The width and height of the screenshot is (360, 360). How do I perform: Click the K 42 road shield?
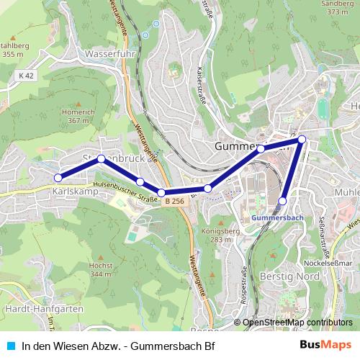coord(27,76)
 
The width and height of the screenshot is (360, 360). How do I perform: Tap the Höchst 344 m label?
coord(102,270)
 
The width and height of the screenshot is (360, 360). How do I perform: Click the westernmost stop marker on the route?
coord(58,177)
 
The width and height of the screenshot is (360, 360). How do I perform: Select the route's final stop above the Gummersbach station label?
coord(284,201)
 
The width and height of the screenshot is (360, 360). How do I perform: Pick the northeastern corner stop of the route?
coord(302,139)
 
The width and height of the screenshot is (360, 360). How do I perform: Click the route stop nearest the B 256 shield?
coord(161,192)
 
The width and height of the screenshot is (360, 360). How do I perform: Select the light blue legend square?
coord(9,346)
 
